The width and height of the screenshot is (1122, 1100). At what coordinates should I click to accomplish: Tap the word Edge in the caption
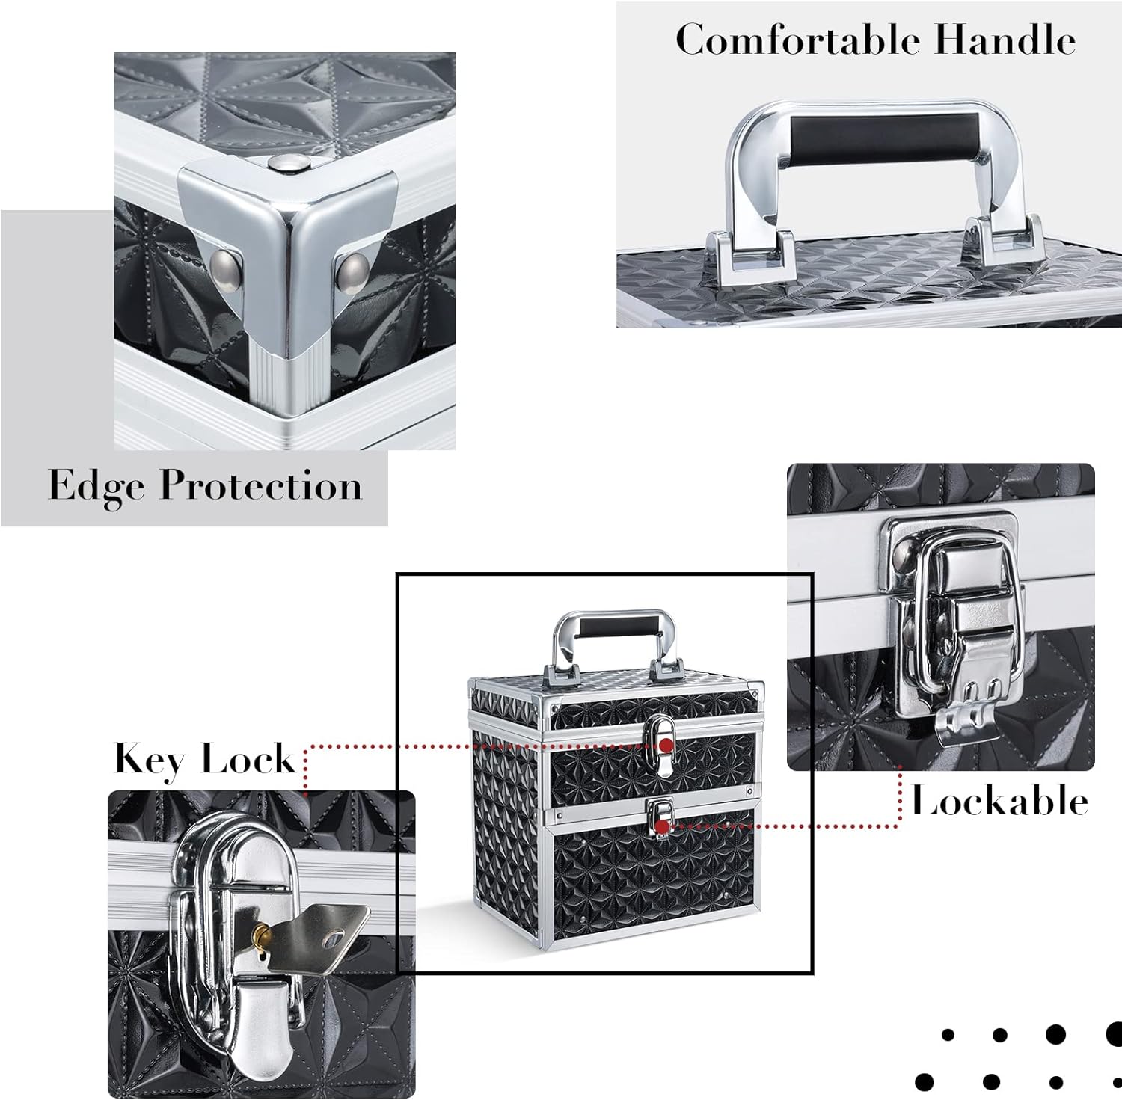pyautogui.click(x=96, y=487)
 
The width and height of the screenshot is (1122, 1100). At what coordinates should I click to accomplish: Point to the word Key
pyautogui.click(x=150, y=761)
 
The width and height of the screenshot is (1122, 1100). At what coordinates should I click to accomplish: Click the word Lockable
pyautogui.click(x=999, y=801)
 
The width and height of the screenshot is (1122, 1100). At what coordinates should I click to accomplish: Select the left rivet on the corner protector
pyautogui.click(x=225, y=262)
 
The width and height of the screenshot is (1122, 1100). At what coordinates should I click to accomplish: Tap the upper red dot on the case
pyautogui.click(x=664, y=745)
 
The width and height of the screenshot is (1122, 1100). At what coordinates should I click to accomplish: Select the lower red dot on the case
pyautogui.click(x=661, y=826)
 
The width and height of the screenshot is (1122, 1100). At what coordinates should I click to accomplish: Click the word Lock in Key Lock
pyautogui.click(x=248, y=759)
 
